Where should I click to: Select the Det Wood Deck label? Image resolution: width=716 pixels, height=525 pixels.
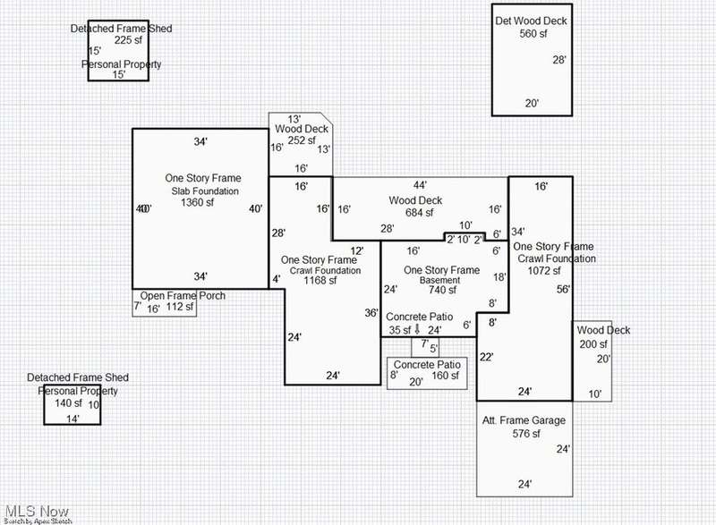531,21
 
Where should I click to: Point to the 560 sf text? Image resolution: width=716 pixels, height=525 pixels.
532,34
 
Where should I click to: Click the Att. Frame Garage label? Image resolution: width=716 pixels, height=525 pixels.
524,420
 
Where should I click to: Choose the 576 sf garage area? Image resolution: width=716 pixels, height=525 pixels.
524,435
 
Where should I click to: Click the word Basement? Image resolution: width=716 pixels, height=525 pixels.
439,281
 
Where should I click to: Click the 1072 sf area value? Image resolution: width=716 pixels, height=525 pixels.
543,270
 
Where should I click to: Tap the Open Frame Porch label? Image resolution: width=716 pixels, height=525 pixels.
182,296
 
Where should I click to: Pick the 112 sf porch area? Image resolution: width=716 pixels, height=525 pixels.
180,309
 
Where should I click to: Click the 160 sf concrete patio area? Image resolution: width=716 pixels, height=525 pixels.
445,376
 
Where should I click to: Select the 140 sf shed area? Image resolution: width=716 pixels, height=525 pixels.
67,404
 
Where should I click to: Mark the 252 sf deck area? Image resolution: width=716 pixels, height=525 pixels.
302,140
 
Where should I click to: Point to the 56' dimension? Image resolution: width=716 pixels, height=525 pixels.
562,289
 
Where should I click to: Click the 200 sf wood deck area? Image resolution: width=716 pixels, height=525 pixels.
592,344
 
